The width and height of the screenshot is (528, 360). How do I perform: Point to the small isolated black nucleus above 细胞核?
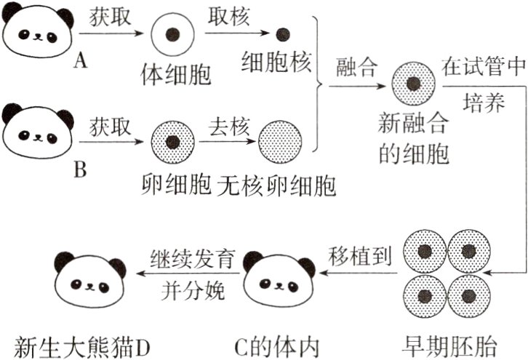[x=284, y=33]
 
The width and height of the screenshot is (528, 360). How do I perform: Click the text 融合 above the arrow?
[x=356, y=68]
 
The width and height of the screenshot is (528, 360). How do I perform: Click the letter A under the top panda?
[x=81, y=61]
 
